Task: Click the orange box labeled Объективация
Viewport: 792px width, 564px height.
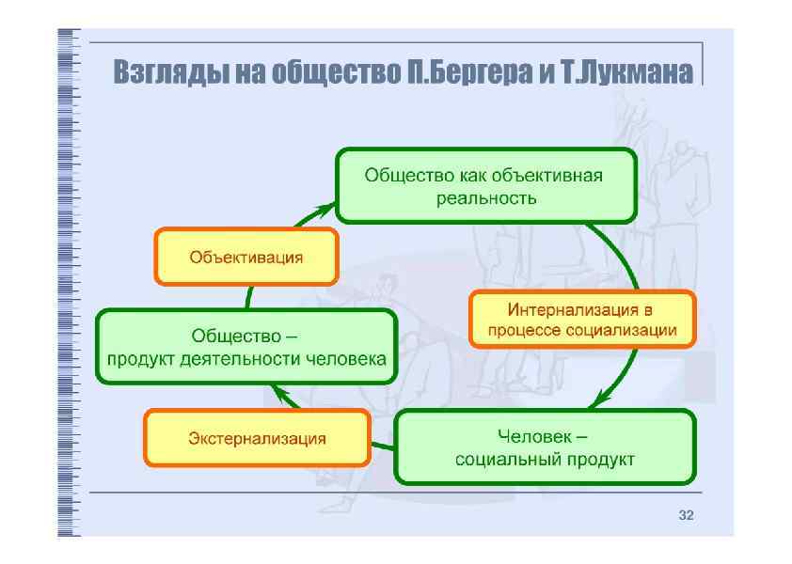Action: [246, 257]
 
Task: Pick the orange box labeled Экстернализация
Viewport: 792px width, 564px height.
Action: [257, 439]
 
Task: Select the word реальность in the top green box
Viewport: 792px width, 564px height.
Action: [486, 198]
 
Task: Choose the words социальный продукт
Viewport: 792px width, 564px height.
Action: [545, 460]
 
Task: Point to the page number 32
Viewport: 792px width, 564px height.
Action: [685, 516]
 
